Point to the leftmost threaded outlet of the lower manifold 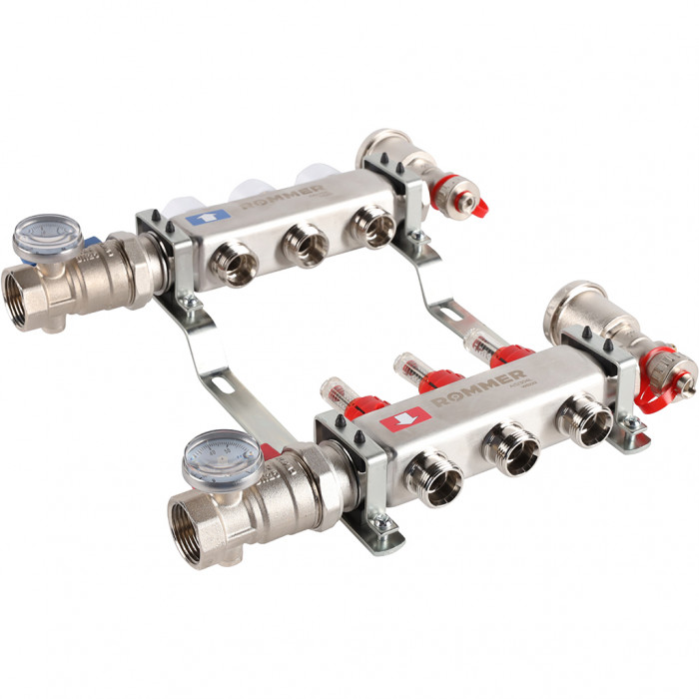pyautogui.click(x=436, y=480)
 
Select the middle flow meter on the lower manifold pyautogui.click(x=418, y=369)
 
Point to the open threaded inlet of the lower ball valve pyautogui.click(x=196, y=526)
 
